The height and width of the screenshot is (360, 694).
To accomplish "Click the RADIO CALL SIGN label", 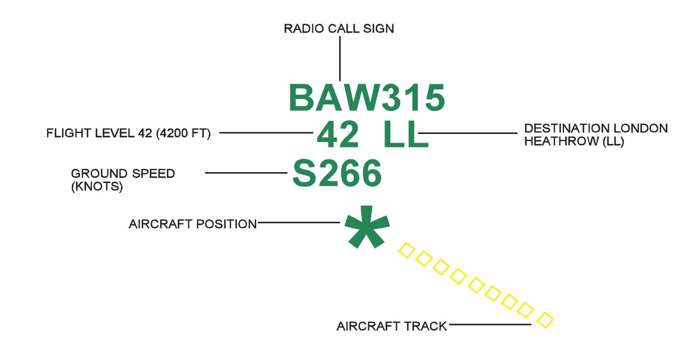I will click(x=339, y=29).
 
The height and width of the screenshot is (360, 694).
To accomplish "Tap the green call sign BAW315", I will click(x=367, y=98).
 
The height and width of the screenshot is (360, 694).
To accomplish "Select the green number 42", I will click(x=338, y=135).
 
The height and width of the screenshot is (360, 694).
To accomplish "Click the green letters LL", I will click(x=405, y=135).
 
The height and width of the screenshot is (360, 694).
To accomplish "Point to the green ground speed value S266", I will click(x=337, y=173).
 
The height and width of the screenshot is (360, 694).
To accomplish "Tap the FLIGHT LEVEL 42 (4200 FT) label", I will click(x=128, y=133).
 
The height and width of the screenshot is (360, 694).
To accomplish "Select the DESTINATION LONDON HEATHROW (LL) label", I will click(x=595, y=135).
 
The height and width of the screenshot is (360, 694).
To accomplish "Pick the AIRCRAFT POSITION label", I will click(x=193, y=224).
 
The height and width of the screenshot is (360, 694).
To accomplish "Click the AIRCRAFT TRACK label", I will click(x=391, y=326).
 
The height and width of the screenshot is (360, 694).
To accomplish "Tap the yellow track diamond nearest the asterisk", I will click(x=406, y=250).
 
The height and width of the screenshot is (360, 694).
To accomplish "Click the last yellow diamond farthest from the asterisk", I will click(x=545, y=320).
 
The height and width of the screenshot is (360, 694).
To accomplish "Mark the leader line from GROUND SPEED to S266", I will click(x=246, y=173).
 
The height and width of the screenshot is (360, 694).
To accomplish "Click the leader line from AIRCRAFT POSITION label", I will click(x=299, y=222).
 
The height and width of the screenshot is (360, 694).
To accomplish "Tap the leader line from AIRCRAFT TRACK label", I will click(x=490, y=324).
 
